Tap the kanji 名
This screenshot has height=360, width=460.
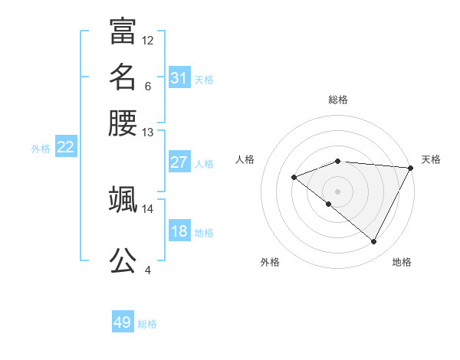coord(123,77)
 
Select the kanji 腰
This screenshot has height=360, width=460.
coord(123,123)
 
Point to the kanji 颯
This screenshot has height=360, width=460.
coord(123,199)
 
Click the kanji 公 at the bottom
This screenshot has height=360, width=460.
coord(123,260)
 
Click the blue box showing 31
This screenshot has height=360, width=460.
coord(179,78)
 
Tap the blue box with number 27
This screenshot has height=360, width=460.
coord(179,162)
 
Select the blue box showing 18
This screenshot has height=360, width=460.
coord(179,231)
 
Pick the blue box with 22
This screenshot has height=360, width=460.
coord(66,147)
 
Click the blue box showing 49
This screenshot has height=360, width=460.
coord(123,322)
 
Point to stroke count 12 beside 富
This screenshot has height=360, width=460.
coord(148,40)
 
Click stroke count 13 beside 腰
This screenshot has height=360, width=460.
coord(148,133)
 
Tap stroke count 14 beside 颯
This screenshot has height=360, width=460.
coord(148,208)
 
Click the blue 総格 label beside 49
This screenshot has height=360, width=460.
coord(147,324)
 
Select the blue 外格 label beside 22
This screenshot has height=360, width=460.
coord(41,149)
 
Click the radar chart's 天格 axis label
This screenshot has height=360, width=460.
coord(431,159)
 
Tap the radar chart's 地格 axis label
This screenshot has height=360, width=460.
coord(402,262)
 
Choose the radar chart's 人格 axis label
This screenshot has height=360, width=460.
coord(245,159)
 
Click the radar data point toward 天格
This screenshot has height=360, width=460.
coord(410,167)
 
